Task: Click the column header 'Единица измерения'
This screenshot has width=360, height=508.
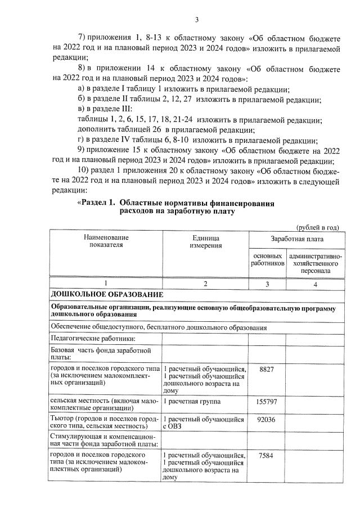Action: tap(205, 242)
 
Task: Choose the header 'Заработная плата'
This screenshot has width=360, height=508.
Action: tap(296, 239)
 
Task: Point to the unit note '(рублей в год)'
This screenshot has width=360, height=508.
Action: tap(317, 227)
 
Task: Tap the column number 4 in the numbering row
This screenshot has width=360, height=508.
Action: tap(315, 284)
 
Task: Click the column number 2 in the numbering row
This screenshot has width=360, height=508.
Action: tap(205, 284)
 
